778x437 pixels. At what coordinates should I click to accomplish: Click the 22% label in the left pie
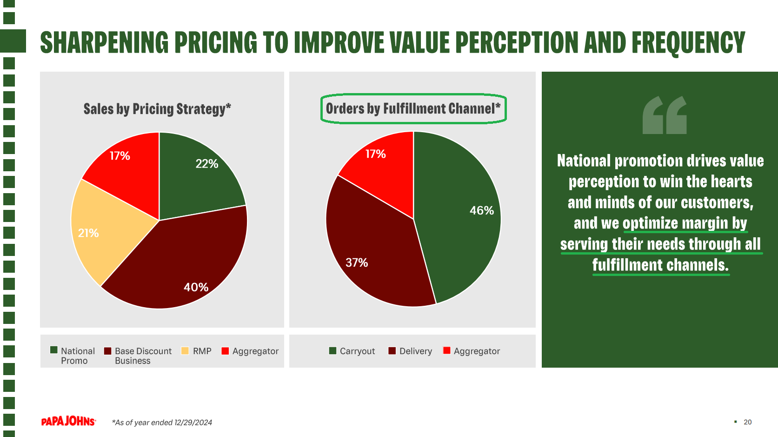[206, 164]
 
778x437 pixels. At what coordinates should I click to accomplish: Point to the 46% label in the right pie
[481, 210]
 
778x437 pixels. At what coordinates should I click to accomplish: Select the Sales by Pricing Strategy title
[157, 109]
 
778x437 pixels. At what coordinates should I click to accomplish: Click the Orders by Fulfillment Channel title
[413, 109]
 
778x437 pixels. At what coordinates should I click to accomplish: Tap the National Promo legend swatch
[54, 350]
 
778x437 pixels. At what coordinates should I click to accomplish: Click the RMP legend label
[202, 351]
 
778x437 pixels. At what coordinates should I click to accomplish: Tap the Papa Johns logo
[68, 421]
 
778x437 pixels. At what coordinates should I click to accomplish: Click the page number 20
[747, 422]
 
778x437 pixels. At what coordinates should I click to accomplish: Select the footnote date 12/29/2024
[193, 423]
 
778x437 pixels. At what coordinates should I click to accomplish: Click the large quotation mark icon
[665, 115]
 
